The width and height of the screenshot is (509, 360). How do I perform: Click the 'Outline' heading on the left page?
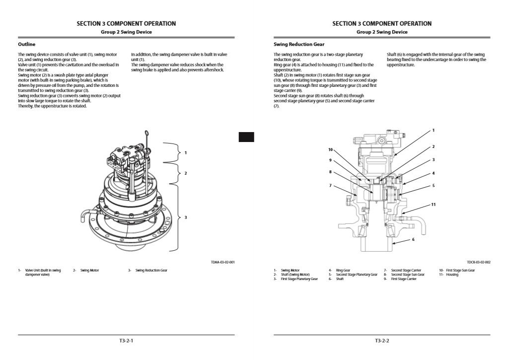pos(26,44)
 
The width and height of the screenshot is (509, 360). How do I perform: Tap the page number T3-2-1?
pos(126,341)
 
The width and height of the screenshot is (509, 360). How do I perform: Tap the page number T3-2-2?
pos(382,341)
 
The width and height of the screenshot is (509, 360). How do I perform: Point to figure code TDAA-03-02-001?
pos(223,262)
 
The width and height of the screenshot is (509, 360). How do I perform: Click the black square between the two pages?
pos(246,137)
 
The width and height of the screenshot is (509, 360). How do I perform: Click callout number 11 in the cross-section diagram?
pos(433,204)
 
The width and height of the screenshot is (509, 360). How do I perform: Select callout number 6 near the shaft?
pos(413,239)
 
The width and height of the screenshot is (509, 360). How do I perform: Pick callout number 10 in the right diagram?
pos(330,149)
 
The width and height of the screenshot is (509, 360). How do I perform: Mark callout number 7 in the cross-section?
pos(330,185)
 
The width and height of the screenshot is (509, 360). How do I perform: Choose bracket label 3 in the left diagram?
pos(186,217)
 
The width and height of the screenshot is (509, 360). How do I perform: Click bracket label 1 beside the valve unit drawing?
pos(186,152)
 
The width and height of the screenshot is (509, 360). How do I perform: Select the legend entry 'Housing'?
pos(452,275)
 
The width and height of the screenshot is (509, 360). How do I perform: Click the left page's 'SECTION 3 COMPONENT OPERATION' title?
pos(126,23)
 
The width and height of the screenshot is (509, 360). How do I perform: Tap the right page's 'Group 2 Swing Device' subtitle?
pos(382,32)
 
